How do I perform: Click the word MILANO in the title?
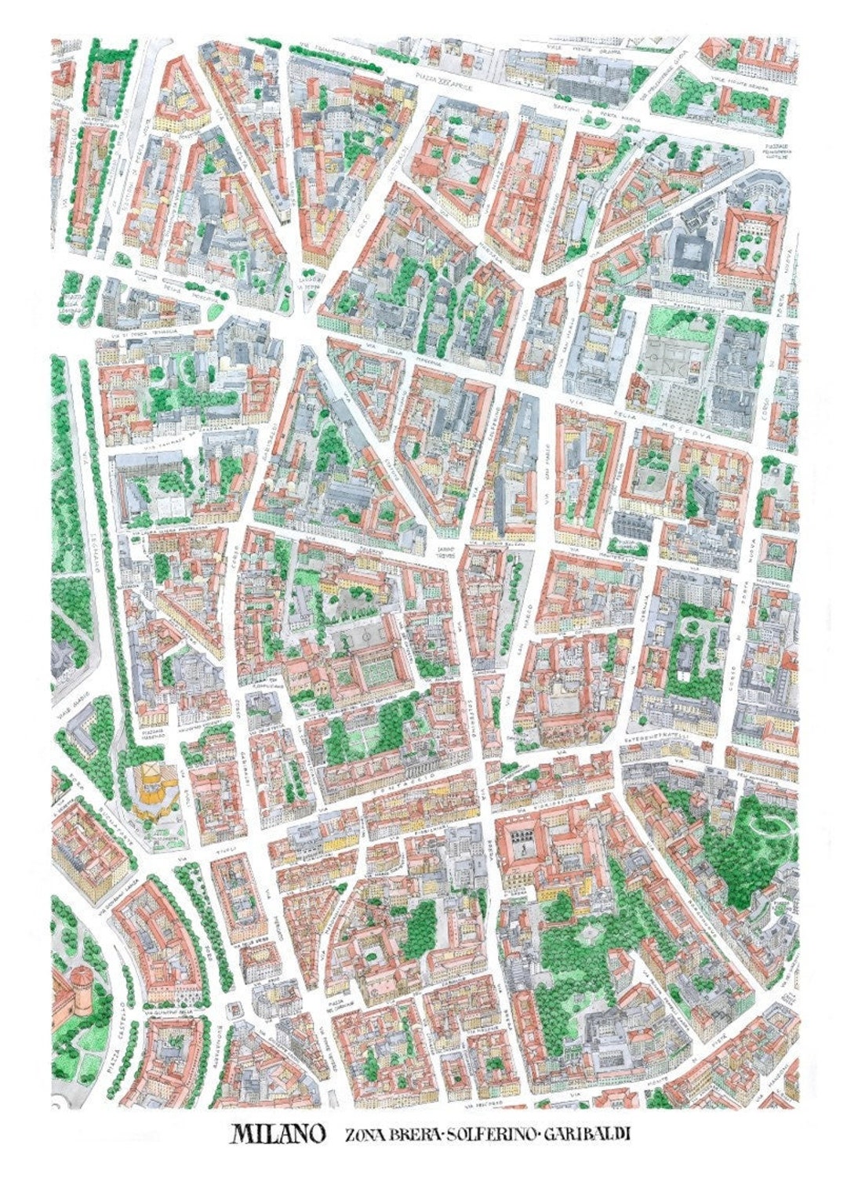coord(278,1134)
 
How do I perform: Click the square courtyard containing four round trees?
coord(751,247)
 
